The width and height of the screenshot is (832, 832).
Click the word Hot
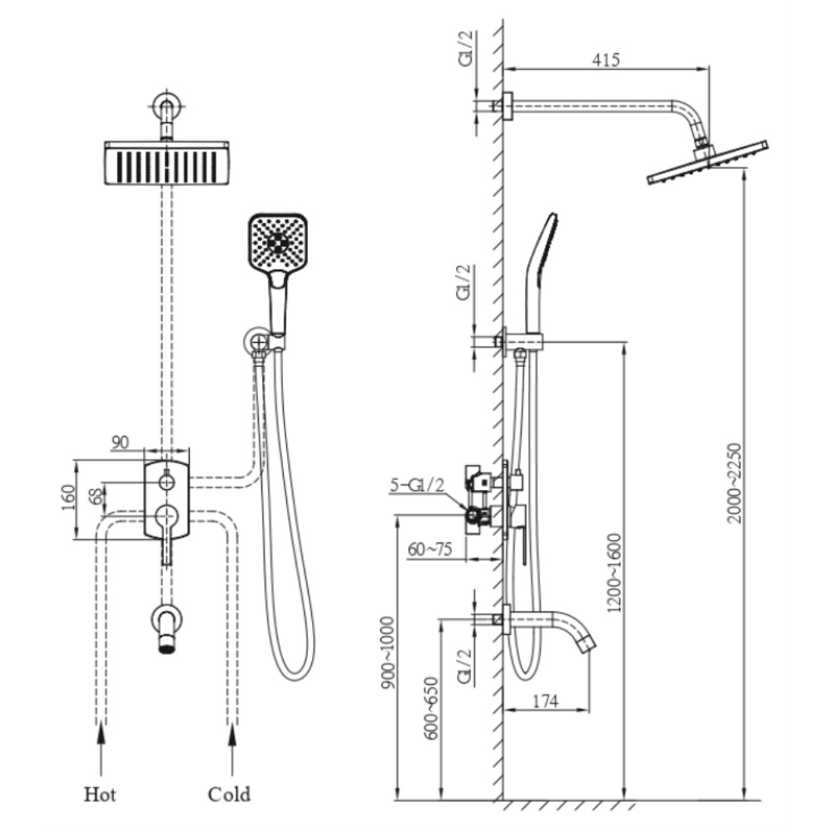coord(100,795)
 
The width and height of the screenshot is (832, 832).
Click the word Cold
coord(229,795)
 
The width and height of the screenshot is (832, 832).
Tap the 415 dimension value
coord(607,61)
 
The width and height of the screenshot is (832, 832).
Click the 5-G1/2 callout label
coord(417,483)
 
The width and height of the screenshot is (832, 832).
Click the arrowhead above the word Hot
coord(102,731)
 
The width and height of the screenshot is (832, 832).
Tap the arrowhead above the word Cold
coord(232,731)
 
